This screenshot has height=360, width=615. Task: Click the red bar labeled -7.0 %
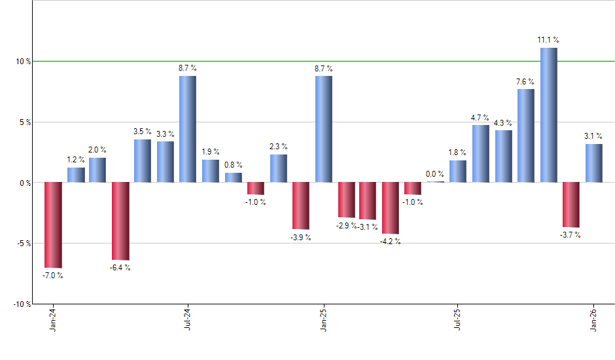(x=53, y=225)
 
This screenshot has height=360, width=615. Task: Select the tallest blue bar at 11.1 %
(x=548, y=115)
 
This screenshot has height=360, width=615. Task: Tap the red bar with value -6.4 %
(x=120, y=221)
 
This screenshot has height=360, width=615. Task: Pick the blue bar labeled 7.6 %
(x=526, y=135)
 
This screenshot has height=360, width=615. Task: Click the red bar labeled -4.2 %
(x=391, y=208)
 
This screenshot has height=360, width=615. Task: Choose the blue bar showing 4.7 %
(x=481, y=153)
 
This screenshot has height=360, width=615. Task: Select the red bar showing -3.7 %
(x=571, y=204)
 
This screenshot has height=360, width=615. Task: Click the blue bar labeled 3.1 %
(x=594, y=163)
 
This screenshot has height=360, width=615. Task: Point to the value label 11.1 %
(x=548, y=40)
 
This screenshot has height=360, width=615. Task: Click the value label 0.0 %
(x=436, y=174)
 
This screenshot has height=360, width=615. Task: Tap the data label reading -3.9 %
(x=301, y=237)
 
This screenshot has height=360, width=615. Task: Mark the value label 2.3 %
(x=279, y=147)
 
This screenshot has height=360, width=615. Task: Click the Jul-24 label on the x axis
(x=188, y=319)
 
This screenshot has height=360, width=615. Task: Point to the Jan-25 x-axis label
(x=323, y=319)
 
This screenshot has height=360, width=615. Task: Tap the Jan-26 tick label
(x=594, y=319)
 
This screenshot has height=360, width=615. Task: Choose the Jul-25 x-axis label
(x=458, y=319)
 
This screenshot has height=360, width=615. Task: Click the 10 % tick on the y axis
(x=24, y=62)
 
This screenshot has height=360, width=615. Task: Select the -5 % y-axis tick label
(x=24, y=243)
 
